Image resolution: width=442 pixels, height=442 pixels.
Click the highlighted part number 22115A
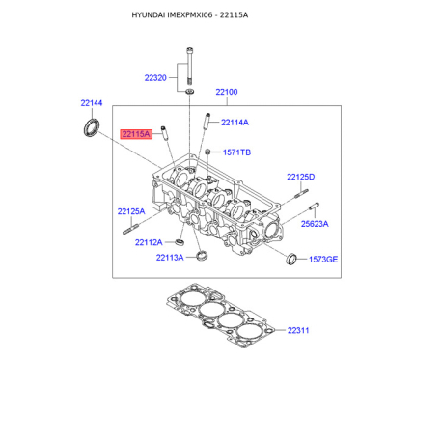[136, 134]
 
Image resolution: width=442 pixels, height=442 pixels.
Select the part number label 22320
[155, 78]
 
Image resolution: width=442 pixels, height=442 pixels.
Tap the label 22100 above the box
[227, 92]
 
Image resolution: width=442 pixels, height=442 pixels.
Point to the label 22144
[92, 103]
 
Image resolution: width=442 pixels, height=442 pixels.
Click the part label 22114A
[235, 123]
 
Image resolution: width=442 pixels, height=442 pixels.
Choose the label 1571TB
[236, 152]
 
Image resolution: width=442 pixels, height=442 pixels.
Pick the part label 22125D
[301, 177]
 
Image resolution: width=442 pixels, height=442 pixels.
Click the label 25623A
[315, 224]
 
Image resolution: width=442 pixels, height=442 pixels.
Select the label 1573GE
[323, 260]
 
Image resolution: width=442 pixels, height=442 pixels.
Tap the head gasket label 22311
[298, 330]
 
